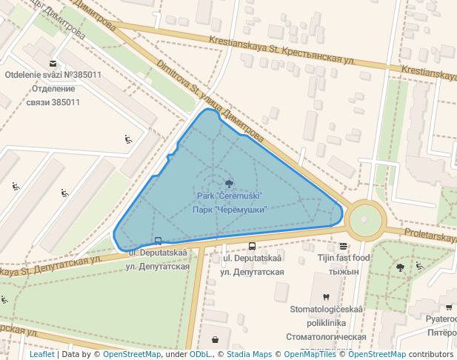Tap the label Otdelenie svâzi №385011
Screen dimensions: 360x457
tap(53, 75)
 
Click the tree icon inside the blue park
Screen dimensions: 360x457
tap(228, 183)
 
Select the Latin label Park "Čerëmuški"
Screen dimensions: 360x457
tap(230, 196)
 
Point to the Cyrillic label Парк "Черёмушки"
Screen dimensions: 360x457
tap(230, 210)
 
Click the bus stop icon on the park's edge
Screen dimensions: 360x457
tap(158, 241)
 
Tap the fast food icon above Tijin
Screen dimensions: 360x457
tap(343, 246)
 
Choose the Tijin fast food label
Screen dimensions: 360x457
tap(344, 258)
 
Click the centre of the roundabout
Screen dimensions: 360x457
tap(364, 220)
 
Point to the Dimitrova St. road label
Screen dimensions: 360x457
tap(209, 100)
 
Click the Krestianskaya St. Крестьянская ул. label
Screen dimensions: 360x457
tap(281, 49)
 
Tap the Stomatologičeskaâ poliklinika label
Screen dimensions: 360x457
tap(327, 316)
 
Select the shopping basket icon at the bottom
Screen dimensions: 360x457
tap(215, 340)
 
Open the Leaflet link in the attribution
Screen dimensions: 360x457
tap(41, 354)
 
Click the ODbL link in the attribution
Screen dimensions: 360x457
tap(199, 354)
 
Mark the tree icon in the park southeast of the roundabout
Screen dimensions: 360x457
tap(401, 267)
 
